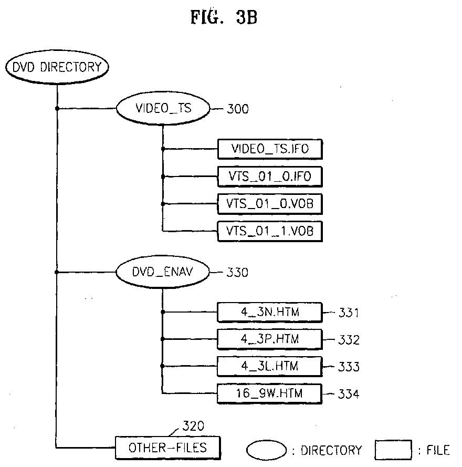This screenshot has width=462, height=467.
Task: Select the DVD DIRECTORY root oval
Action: coord(56,67)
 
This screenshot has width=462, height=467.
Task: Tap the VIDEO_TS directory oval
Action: coord(163,109)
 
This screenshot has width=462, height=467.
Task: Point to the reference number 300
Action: coord(238,109)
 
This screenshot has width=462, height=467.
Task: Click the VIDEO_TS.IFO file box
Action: coord(269,149)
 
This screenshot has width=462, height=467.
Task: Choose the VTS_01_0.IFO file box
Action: coord(269,177)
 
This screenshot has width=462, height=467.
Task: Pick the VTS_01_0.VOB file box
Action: coord(269,203)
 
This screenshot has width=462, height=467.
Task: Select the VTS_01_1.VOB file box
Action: coord(269,230)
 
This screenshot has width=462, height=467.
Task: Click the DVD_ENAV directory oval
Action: coord(163,272)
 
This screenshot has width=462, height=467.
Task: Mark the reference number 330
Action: coord(238,273)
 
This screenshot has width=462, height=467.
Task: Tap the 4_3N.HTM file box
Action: coord(269,312)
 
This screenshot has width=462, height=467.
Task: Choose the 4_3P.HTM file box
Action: coord(269,339)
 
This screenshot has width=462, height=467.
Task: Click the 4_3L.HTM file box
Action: coord(269,366)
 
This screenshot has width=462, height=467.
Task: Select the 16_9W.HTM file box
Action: coord(269,392)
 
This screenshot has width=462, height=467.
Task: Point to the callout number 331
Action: coord(348,313)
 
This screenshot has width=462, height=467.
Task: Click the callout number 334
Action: coord(348,393)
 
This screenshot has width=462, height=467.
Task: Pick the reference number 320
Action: coord(193,426)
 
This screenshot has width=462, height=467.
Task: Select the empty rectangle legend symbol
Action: coord(393,450)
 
